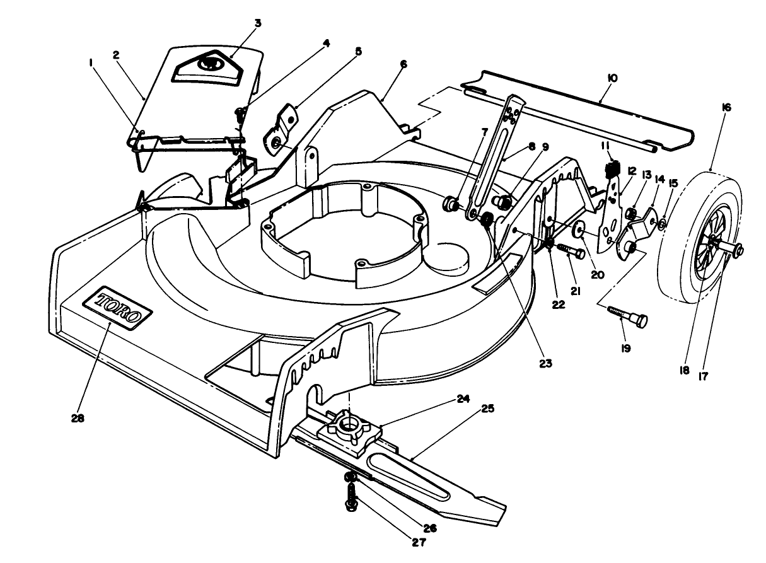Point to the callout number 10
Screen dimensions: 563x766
pos(612,78)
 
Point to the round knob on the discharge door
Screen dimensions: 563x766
pos(206,64)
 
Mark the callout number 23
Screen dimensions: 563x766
pos(545,364)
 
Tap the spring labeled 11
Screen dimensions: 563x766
pos(610,169)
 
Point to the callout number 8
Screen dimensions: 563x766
pos(531,146)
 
